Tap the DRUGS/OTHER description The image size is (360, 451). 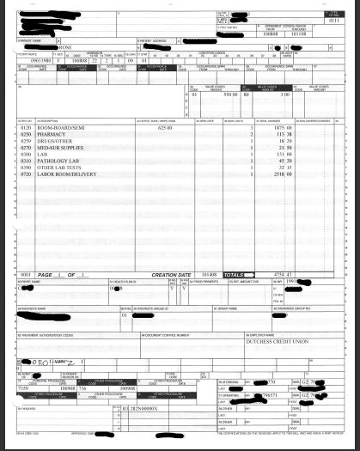pos(53,140)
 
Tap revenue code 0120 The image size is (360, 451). pos(25,127)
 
